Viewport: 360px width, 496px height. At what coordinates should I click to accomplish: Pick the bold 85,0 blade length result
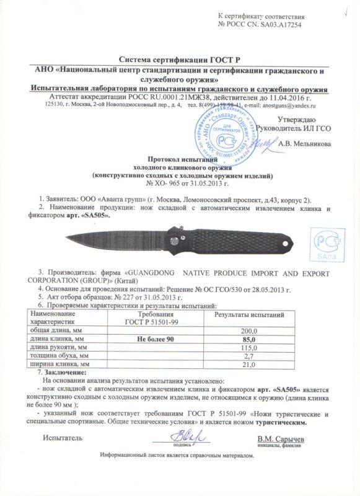point(248,340)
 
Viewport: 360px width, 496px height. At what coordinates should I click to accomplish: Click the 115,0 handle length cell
point(248,348)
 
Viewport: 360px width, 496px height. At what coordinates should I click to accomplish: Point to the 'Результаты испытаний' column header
point(248,316)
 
